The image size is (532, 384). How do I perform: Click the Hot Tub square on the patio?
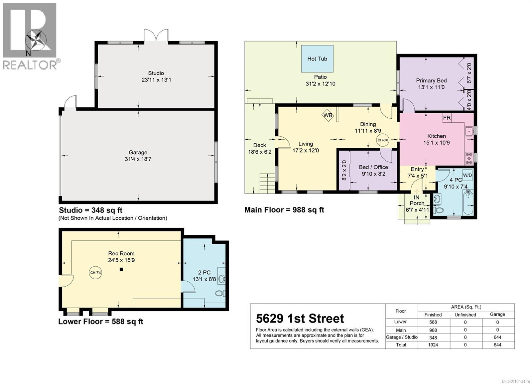pyautogui.click(x=317, y=59)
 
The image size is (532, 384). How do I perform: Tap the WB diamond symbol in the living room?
pyautogui.click(x=328, y=115)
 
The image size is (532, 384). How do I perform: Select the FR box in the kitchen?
pyautogui.click(x=447, y=118)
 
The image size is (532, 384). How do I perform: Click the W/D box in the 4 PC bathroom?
pyautogui.click(x=467, y=175)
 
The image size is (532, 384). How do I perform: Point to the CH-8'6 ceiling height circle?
pyautogui.click(x=383, y=140)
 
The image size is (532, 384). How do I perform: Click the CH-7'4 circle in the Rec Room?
pyautogui.click(x=96, y=273)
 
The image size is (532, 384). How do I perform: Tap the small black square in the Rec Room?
pyautogui.click(x=121, y=269)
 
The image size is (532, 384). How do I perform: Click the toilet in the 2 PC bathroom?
pyautogui.click(x=220, y=293)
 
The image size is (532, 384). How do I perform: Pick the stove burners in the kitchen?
pyautogui.click(x=469, y=158)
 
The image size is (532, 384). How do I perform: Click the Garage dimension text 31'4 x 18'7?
pyautogui.click(x=138, y=159)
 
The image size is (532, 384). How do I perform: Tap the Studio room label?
pyautogui.click(x=156, y=73)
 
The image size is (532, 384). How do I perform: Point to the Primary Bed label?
pyautogui.click(x=431, y=80)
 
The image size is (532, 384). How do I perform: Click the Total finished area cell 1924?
pyautogui.click(x=433, y=345)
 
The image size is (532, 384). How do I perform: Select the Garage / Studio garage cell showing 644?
pyautogui.click(x=497, y=337)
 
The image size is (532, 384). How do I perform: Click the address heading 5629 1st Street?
pyautogui.click(x=300, y=319)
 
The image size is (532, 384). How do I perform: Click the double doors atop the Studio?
pyautogui.click(x=156, y=36)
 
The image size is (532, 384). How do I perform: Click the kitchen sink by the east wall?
pyautogui.click(x=469, y=131)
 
